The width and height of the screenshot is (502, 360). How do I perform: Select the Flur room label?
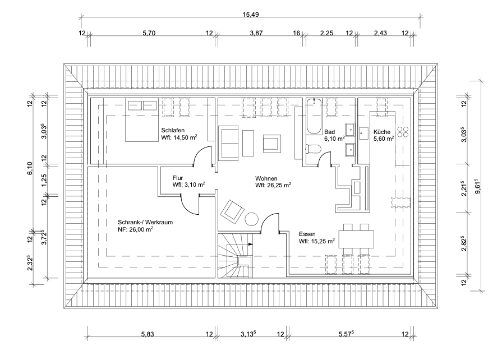(178, 177)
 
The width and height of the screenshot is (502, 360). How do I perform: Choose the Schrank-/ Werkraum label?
(145, 222)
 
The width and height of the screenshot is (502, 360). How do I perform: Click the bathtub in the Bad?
(314, 116)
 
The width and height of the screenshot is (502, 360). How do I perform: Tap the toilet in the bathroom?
(313, 149)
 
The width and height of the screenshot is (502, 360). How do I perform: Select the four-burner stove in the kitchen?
(403, 132)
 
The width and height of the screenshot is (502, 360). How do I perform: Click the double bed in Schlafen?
(141, 121)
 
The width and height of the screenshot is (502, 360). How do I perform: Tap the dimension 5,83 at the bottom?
(149, 334)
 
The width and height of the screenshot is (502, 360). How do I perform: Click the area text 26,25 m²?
(273, 184)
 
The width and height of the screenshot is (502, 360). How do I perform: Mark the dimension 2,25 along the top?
(326, 33)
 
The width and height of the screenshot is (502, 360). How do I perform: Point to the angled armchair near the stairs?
(232, 211)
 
